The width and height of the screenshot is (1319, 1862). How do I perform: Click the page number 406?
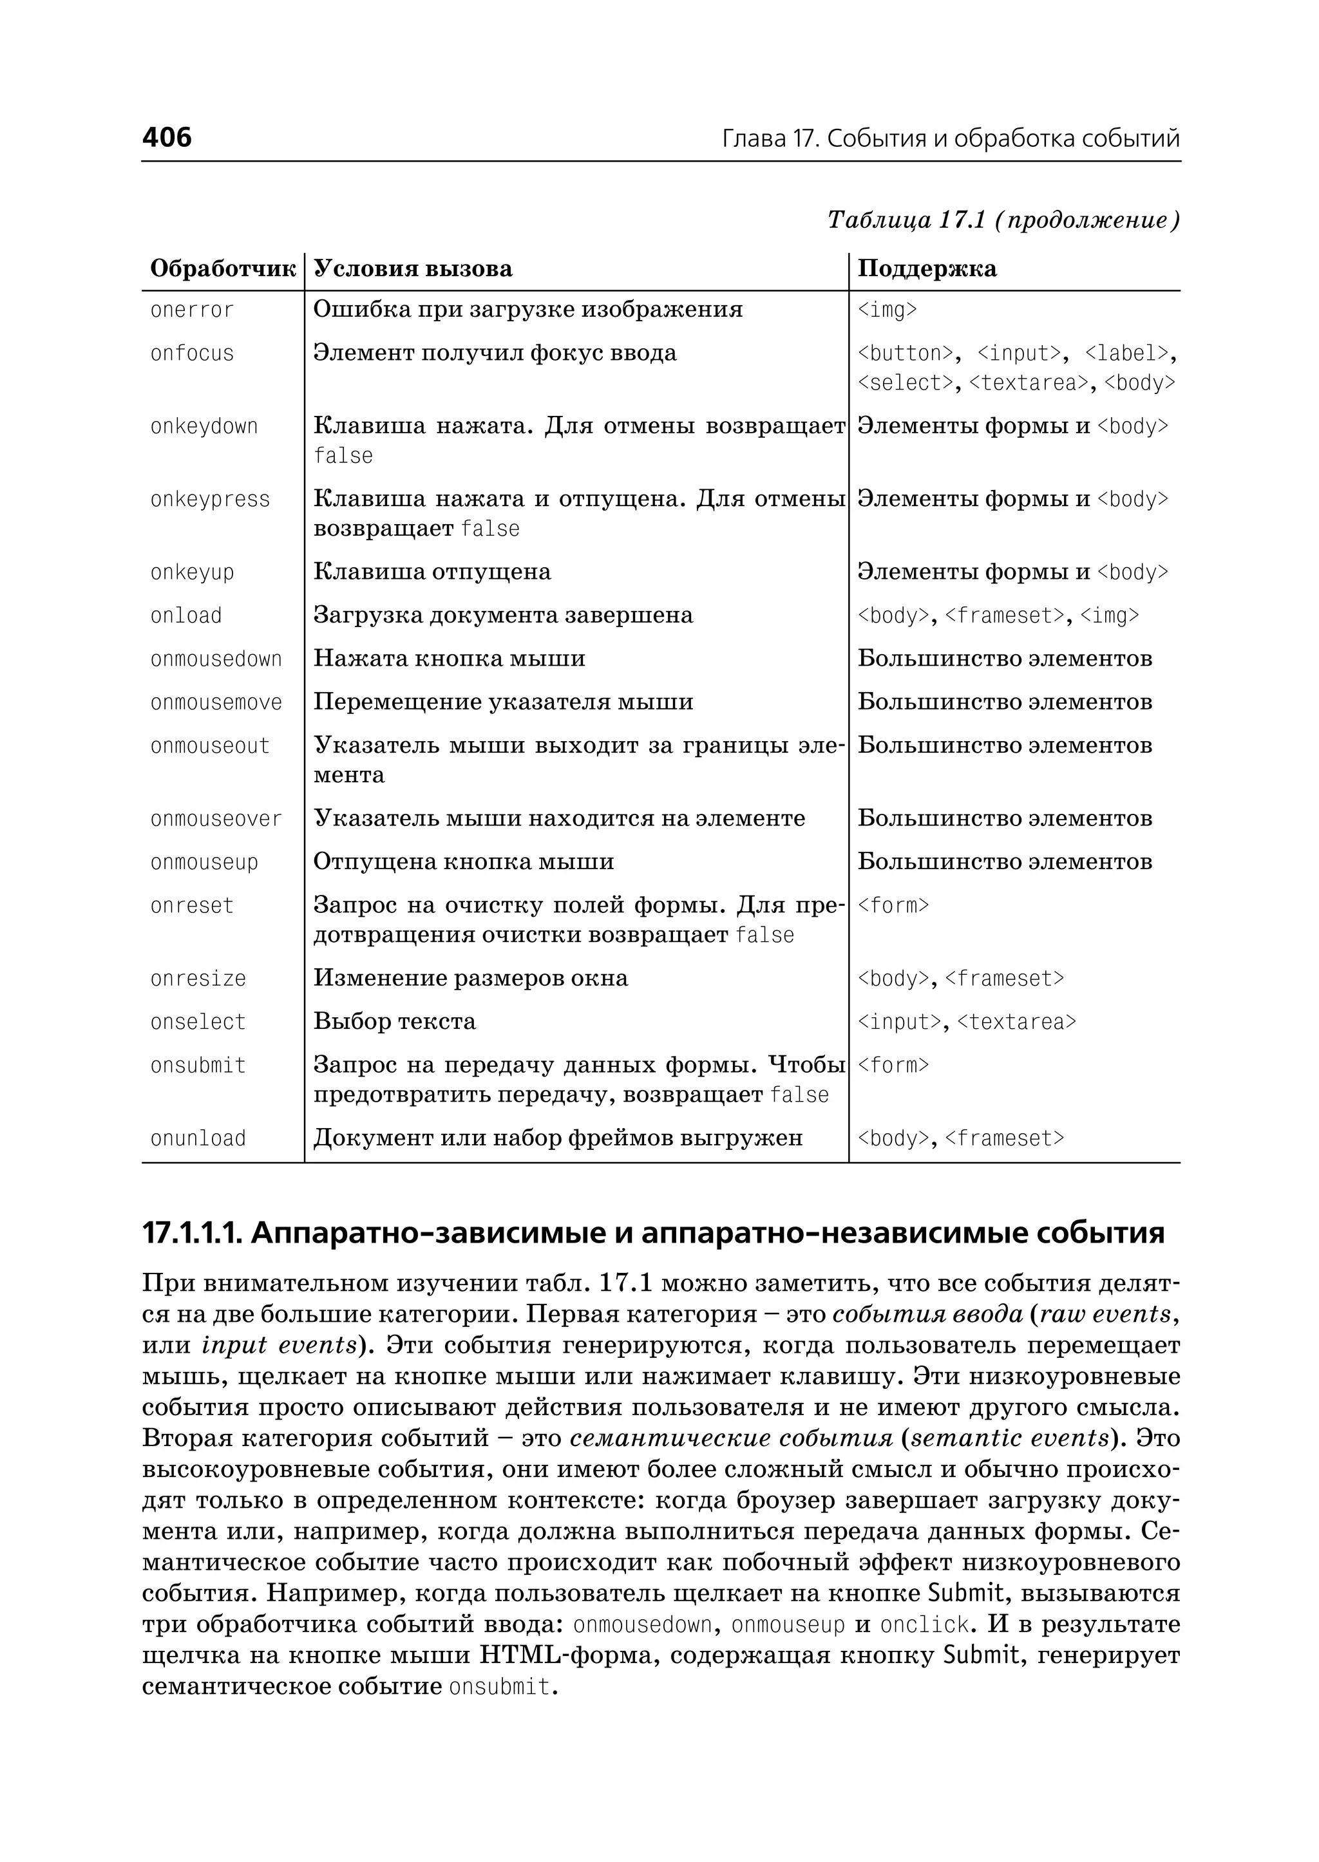pyautogui.click(x=167, y=137)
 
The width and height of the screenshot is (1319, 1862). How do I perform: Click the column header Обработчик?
pyautogui.click(x=223, y=268)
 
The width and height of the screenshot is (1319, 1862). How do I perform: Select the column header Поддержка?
pyautogui.click(x=927, y=268)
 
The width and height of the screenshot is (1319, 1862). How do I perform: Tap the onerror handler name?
pyautogui.click(x=192, y=310)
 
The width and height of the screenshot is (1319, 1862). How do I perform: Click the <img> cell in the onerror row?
pyautogui.click(x=887, y=310)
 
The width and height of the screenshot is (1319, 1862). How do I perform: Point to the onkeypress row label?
pyautogui.click(x=209, y=500)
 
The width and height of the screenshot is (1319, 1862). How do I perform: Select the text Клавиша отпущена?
pyautogui.click(x=432, y=572)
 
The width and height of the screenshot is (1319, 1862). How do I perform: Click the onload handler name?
pyautogui.click(x=186, y=616)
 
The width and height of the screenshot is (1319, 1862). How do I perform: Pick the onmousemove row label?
pyautogui.click(x=216, y=702)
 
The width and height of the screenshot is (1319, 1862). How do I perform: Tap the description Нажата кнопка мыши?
pyautogui.click(x=449, y=659)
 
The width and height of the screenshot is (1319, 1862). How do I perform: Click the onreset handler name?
pyautogui.click(x=192, y=905)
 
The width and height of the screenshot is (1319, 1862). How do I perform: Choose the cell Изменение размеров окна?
pyautogui.click(x=470, y=978)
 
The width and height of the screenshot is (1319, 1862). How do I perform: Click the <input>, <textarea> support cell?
pyautogui.click(x=967, y=1022)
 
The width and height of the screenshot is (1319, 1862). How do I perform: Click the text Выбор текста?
pyautogui.click(x=395, y=1022)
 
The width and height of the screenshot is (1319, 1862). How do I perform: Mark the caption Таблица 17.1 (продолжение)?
pyautogui.click(x=1003, y=220)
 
